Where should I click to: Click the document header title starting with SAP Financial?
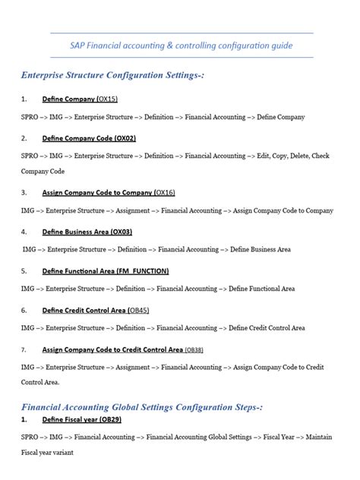(181, 46)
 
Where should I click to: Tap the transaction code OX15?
(107, 99)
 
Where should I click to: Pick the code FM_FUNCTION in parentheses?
(143, 270)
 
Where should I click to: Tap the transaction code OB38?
(194, 349)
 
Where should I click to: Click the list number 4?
(24, 231)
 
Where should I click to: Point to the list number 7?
(24, 349)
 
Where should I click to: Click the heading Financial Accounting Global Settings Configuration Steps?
(142, 407)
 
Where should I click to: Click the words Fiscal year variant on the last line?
(47, 452)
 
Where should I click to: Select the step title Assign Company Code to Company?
(96, 192)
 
